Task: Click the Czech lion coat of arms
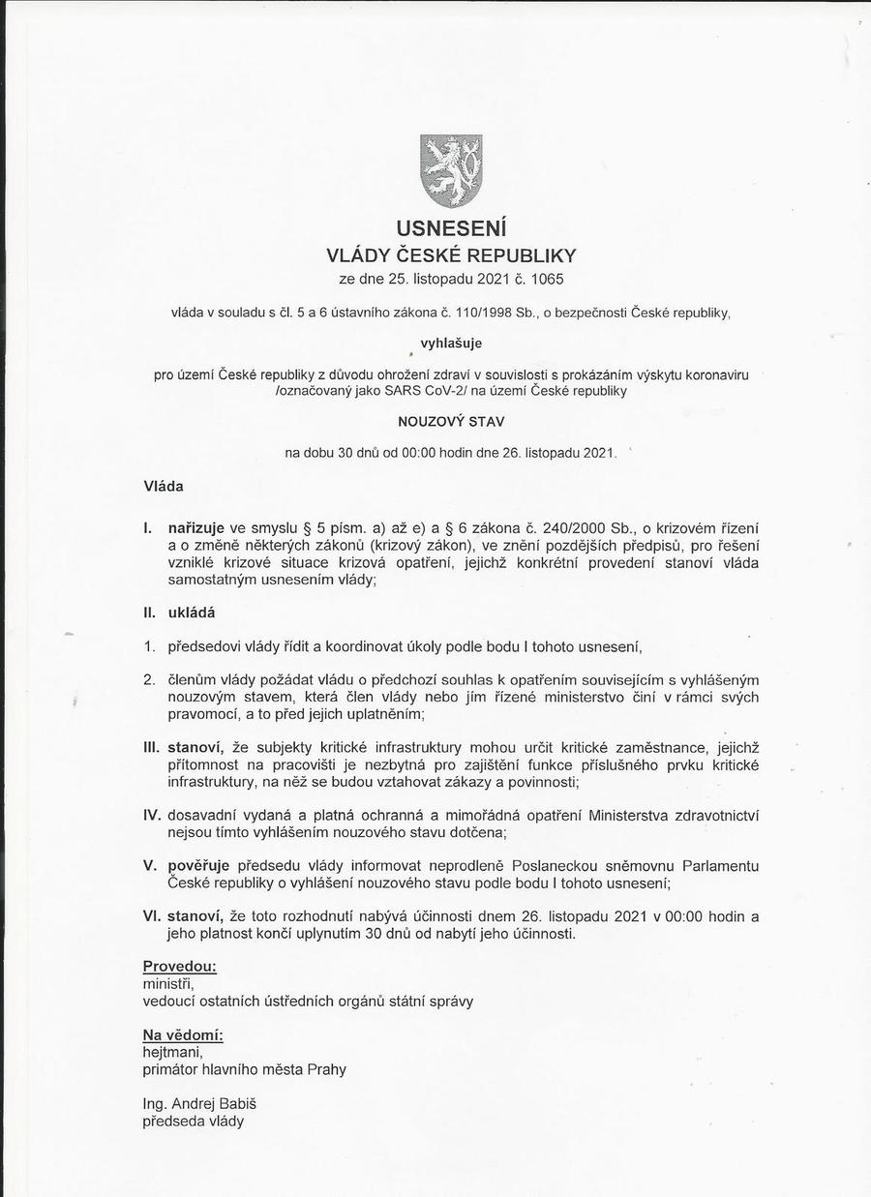451,170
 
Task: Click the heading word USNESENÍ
451,228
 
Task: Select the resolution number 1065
547,280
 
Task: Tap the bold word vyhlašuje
451,343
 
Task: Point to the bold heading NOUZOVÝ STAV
451,422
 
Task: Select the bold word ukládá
192,612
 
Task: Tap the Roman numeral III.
151,747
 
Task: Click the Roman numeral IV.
152,814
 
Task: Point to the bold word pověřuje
198,864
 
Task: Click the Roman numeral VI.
152,915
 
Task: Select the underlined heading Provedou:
179,966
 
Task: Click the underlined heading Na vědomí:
183,1034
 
